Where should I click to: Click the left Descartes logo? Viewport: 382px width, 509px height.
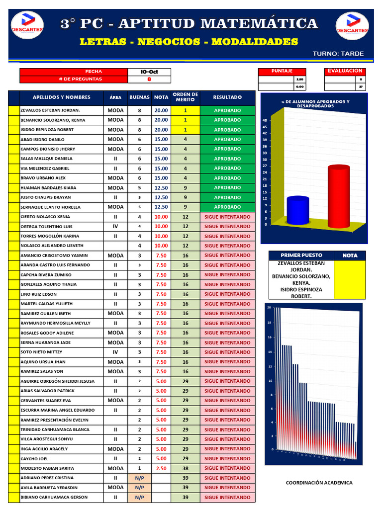[x=27, y=26]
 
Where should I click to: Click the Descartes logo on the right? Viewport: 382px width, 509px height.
[x=352, y=26]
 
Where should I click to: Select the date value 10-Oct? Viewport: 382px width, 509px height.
[x=149, y=72]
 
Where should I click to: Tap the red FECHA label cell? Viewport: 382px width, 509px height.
[x=73, y=72]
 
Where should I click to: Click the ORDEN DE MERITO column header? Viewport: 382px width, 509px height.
[x=185, y=97]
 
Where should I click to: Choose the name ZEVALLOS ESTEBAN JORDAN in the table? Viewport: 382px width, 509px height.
[x=50, y=110]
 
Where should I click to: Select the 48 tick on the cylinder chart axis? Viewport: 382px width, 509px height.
[x=265, y=120]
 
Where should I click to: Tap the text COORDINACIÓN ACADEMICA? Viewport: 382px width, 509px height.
[x=319, y=483]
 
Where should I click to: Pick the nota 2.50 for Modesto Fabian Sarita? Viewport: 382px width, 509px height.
[x=161, y=468]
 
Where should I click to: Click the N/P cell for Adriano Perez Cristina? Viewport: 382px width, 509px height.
[x=139, y=478]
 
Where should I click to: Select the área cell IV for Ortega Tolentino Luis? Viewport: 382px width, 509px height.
[x=115, y=226]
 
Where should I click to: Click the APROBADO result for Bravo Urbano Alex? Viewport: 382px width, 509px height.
[x=227, y=178]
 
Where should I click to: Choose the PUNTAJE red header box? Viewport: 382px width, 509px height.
[x=282, y=71]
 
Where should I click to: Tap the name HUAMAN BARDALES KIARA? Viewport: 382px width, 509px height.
[x=48, y=188]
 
